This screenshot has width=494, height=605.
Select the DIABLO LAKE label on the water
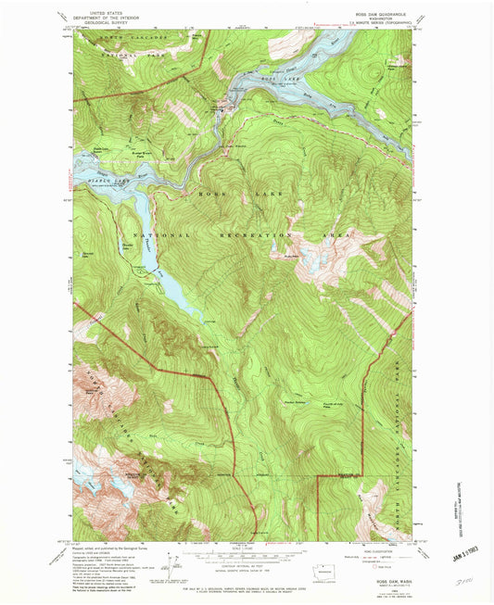[x=95, y=182]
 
